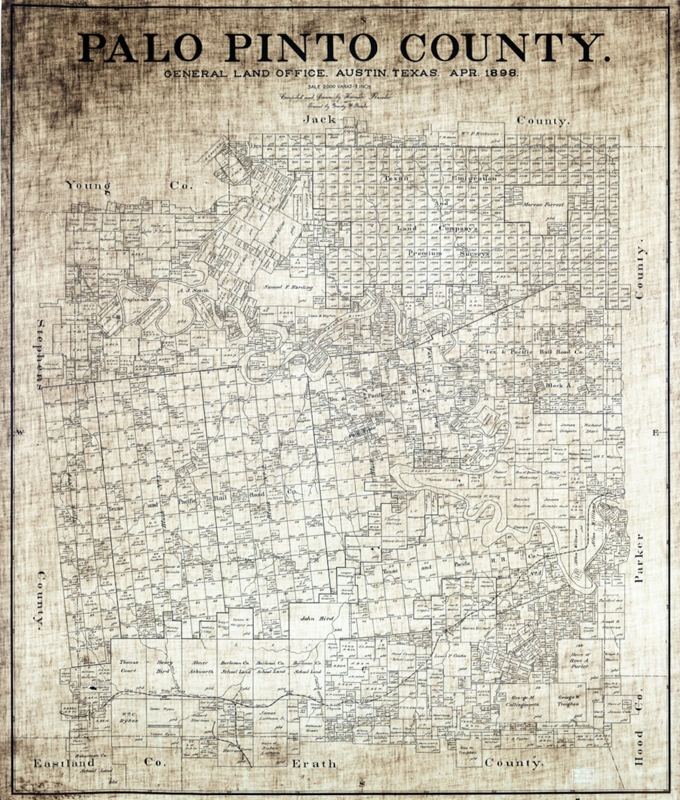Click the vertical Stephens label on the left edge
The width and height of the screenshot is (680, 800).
point(42,354)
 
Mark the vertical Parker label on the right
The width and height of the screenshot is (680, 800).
point(639,557)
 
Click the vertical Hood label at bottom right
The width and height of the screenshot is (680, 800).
point(639,746)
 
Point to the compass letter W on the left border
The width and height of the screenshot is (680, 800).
point(20,431)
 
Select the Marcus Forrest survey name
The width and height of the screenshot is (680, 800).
point(543,205)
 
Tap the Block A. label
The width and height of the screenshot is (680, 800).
point(558,384)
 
